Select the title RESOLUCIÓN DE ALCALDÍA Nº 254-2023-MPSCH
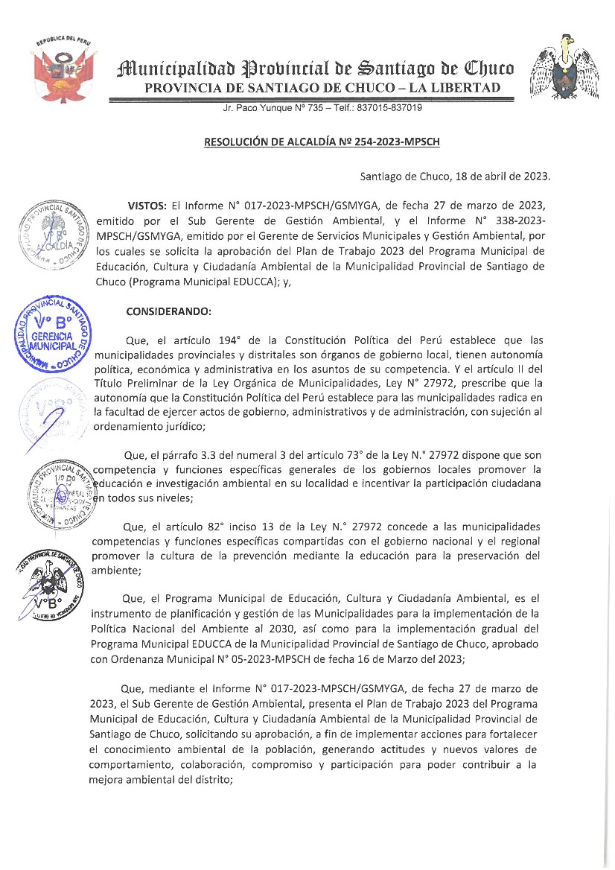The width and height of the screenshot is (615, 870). point(327,142)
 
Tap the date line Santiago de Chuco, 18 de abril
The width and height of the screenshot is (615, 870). point(455,177)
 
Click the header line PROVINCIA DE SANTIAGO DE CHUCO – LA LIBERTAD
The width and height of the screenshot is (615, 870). point(322,89)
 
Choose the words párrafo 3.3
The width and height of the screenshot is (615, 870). point(181,454)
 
